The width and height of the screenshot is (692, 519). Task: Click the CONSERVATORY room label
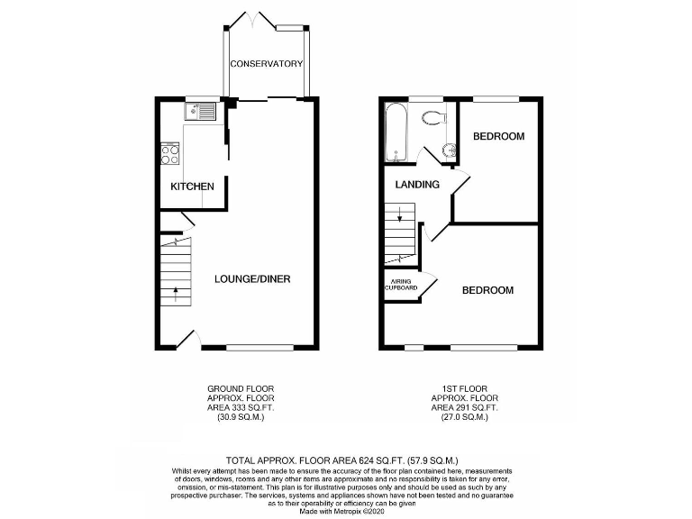265,64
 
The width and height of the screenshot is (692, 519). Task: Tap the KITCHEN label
193,187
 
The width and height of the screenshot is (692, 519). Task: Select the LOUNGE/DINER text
251,278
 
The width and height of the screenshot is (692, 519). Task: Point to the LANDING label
417,185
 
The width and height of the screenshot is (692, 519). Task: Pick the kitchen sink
200,112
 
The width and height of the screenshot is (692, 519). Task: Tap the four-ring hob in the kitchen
169,154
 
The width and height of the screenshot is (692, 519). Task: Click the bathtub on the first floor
396,133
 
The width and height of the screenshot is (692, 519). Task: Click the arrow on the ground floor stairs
176,291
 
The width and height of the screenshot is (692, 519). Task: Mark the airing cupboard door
429,282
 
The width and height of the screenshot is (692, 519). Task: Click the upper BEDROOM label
499,137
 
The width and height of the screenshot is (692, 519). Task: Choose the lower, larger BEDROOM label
487,290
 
